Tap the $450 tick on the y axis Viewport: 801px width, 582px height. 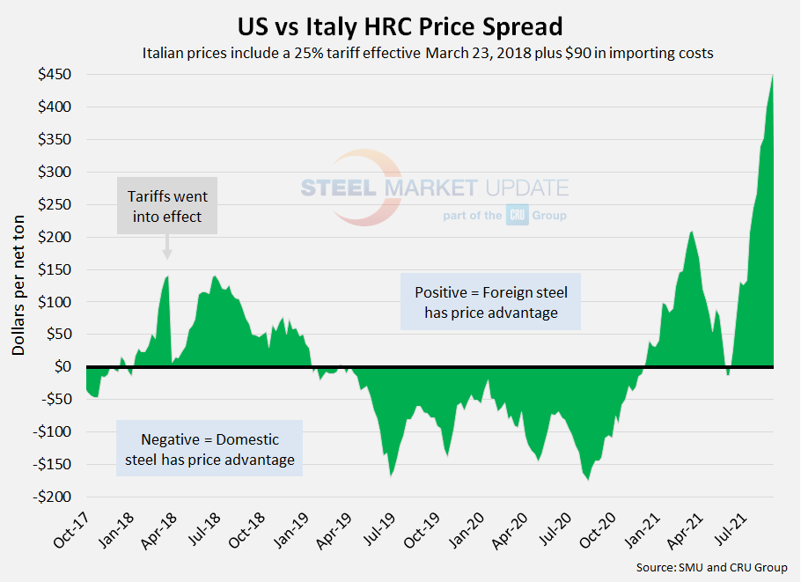[x=55, y=75]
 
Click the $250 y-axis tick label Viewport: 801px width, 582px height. [x=55, y=204]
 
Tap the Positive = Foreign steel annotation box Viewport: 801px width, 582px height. [x=490, y=302]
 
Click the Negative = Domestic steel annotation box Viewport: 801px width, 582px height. [x=209, y=449]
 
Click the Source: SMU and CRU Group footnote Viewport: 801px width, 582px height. [x=711, y=567]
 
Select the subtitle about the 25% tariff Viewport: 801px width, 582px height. [x=427, y=53]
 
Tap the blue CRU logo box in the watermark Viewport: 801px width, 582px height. [x=517, y=215]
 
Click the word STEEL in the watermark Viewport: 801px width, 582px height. [x=338, y=188]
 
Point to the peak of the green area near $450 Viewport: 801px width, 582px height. [x=772, y=77]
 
